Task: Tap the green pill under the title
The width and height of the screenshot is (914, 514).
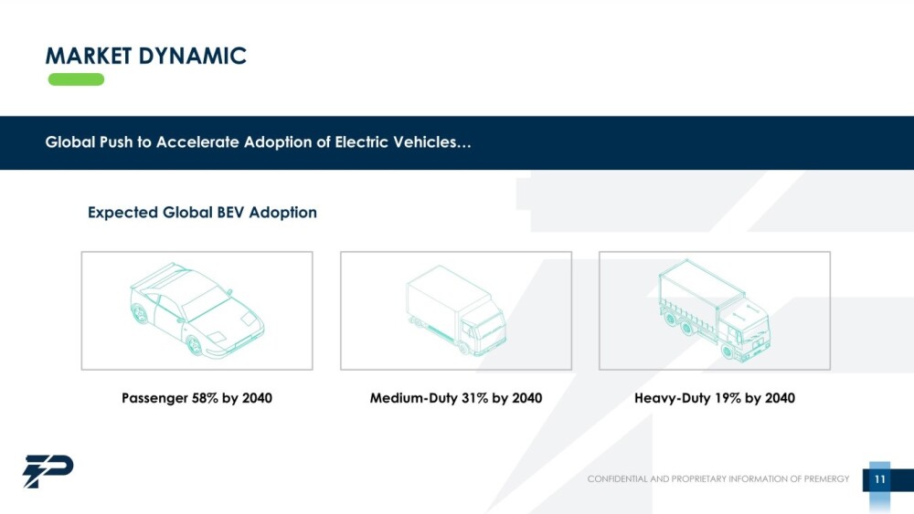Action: [76, 79]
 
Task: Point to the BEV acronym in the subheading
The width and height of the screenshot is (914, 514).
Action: [231, 212]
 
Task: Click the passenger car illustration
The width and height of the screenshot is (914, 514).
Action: [196, 310]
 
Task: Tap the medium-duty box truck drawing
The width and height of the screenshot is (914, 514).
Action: [456, 310]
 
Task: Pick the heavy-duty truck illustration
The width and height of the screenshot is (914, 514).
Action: [715, 310]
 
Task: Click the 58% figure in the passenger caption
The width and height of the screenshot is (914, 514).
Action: [205, 398]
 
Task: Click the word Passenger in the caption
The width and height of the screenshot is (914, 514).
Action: [154, 398]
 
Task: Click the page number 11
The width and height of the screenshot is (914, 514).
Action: [879, 479]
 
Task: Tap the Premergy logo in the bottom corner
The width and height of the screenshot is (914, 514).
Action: [48, 471]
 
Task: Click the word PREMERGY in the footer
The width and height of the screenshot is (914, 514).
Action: [826, 479]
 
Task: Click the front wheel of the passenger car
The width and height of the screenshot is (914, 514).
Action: [194, 346]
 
